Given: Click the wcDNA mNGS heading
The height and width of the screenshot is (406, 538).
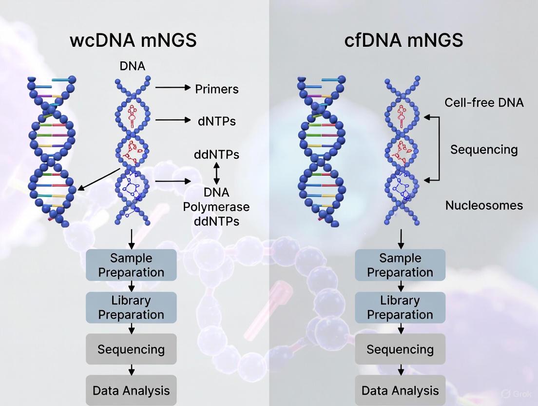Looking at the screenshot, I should pos(133,40).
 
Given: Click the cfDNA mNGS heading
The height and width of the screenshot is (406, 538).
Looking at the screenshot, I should pos(403,40).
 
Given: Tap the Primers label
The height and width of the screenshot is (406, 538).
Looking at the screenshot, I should pos(217,89).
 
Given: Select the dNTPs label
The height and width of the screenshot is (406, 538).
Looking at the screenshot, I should pos(217,121).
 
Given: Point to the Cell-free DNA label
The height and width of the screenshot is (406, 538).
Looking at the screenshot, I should pos(484,102).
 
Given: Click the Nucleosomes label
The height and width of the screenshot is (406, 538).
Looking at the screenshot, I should pos(484,205).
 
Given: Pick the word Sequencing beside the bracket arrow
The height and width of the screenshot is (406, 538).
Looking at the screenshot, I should pos(484,149).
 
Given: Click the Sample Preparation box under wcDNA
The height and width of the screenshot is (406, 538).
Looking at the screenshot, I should pos(131,265).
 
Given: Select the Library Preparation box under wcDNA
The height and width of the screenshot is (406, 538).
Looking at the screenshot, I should pos(131,307).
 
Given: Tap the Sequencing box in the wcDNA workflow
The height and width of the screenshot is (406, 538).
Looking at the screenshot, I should pos(131,349).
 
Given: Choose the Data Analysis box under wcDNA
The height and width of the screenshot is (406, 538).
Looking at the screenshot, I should pos(131,390).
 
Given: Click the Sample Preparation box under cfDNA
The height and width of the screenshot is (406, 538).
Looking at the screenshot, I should pos(400,265).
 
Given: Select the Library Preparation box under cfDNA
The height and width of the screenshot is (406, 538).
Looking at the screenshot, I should pos(400,307).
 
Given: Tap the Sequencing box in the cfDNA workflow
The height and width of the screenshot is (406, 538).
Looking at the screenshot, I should pos(400,349).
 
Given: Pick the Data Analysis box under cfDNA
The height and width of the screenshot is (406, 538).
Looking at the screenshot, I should pos(400,390).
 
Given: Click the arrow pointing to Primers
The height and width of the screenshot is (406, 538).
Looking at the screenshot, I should pos(173,87).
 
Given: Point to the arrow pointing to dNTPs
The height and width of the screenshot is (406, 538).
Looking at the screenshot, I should pos(173,120).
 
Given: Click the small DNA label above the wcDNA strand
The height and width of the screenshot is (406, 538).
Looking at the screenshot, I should pos(132,66).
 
